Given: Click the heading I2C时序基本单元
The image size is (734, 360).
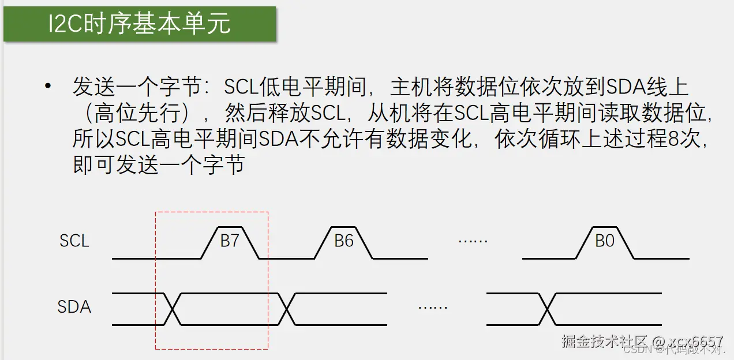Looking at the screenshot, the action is coord(140,24).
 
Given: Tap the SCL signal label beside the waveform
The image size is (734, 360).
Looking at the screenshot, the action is coord(74,241).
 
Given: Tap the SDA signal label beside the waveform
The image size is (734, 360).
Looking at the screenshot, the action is coord(74,306).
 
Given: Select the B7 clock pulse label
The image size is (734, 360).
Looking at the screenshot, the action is coord(230,241).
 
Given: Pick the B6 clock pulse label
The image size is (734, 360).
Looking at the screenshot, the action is coord(344,241).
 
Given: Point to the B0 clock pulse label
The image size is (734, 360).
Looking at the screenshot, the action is coord(605,241).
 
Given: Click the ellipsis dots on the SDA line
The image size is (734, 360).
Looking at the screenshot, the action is coord(433,307).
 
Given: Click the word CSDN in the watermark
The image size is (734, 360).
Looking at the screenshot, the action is coord(638,349).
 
